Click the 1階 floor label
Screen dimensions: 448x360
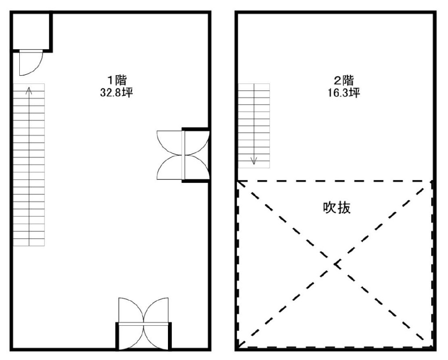[x=117, y=80]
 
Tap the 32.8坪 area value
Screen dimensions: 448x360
[x=116, y=93]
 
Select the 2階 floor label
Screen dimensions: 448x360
[x=344, y=80]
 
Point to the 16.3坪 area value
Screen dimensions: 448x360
[x=343, y=93]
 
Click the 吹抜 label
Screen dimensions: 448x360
[x=337, y=208]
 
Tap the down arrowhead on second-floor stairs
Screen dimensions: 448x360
[x=254, y=161]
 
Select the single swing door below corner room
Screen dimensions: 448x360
[x=31, y=63]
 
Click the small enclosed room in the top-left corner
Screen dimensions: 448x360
[x=31, y=32]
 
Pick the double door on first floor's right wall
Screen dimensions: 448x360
[x=183, y=155]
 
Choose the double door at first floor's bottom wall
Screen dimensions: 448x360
[x=143, y=324]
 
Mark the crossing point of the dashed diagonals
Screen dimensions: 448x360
[x=336, y=264]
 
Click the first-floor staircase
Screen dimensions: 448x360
[x=29, y=165]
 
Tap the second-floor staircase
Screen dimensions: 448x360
[x=254, y=126]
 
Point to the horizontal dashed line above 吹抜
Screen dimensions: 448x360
[x=334, y=181]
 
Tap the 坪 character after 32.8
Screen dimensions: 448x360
[x=128, y=93]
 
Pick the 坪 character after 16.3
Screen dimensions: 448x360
[x=355, y=93]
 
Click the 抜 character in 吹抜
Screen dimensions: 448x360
[x=344, y=208]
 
